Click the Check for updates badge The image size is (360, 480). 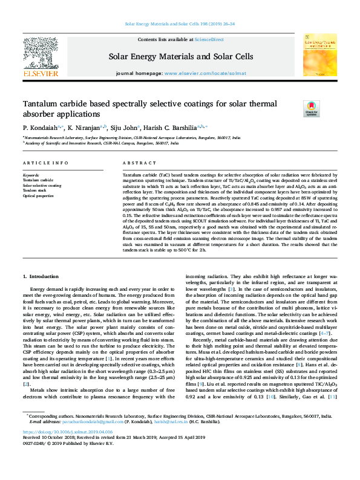coord(311,108)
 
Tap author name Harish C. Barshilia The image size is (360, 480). coord(174,128)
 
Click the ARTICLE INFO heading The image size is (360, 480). coord(45,163)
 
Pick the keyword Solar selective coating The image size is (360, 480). coord(42,186)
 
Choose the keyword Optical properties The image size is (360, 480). coord(38,196)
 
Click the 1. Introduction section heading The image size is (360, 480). coord(41,276)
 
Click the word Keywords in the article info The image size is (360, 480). coord(31,175)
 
